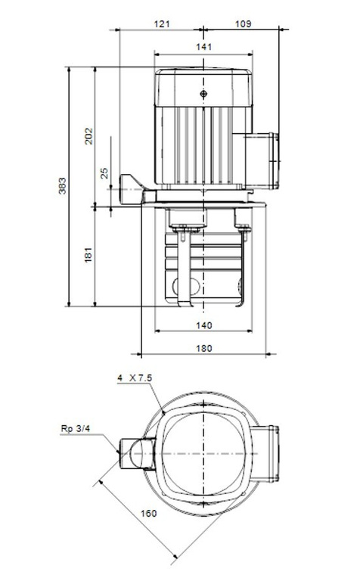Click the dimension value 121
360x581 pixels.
point(162,24)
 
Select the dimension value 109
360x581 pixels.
point(243,24)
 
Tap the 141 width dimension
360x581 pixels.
point(203,47)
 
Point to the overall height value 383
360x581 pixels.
point(63,186)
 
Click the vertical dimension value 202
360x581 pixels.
point(89,136)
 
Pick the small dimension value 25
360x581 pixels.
point(104,173)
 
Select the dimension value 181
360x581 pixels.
point(88,255)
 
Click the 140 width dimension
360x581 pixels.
point(203,325)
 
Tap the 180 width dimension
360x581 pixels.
point(203,348)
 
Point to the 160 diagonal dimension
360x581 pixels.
point(148,513)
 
